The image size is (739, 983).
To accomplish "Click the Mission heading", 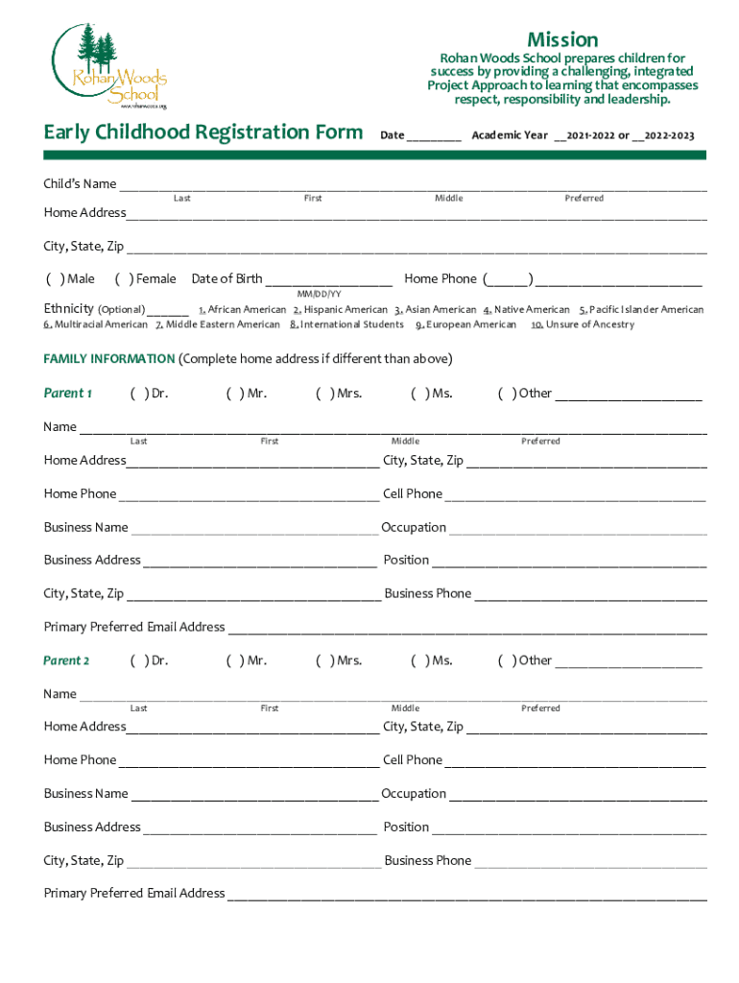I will [x=562, y=39].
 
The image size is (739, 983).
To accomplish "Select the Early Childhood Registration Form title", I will [x=203, y=132].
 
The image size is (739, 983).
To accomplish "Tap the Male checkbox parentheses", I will [x=55, y=279].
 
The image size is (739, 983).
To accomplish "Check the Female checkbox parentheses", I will [x=124, y=279].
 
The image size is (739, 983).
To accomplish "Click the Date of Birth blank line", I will [x=328, y=280].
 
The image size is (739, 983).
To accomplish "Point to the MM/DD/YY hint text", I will [x=319, y=294].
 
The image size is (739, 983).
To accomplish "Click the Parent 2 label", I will [x=67, y=660].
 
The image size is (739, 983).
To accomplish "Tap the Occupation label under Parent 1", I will [x=414, y=527].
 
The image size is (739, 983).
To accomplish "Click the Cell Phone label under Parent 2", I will [x=413, y=760].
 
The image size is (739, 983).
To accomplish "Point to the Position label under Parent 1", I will [x=406, y=560].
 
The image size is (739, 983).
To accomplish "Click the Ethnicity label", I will [x=69, y=309].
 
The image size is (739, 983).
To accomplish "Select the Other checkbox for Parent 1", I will [x=506, y=394].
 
